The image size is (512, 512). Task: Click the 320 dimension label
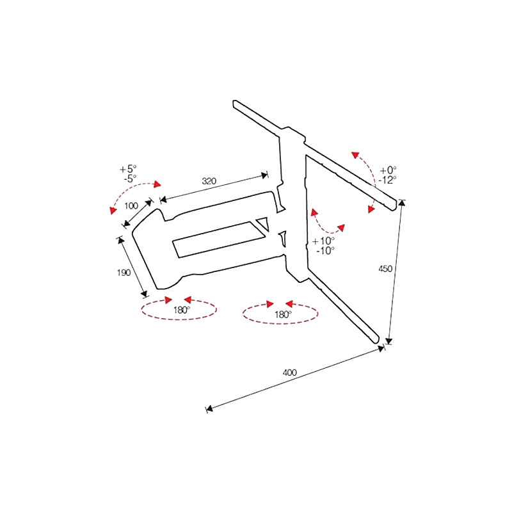click(209, 182)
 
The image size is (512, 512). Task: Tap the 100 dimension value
click(131, 206)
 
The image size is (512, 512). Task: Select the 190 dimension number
click(124, 273)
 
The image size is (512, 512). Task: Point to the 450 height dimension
click(385, 269)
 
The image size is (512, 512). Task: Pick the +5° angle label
click(128, 170)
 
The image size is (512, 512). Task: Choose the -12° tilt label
click(387, 180)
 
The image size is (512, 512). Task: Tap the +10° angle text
click(324, 241)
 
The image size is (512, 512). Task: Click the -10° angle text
click(325, 250)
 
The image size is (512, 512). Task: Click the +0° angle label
click(388, 170)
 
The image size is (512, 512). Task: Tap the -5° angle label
click(130, 179)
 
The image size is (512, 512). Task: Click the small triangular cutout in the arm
click(262, 224)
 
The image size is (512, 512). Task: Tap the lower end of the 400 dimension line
click(207, 408)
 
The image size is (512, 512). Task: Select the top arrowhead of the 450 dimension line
click(401, 204)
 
